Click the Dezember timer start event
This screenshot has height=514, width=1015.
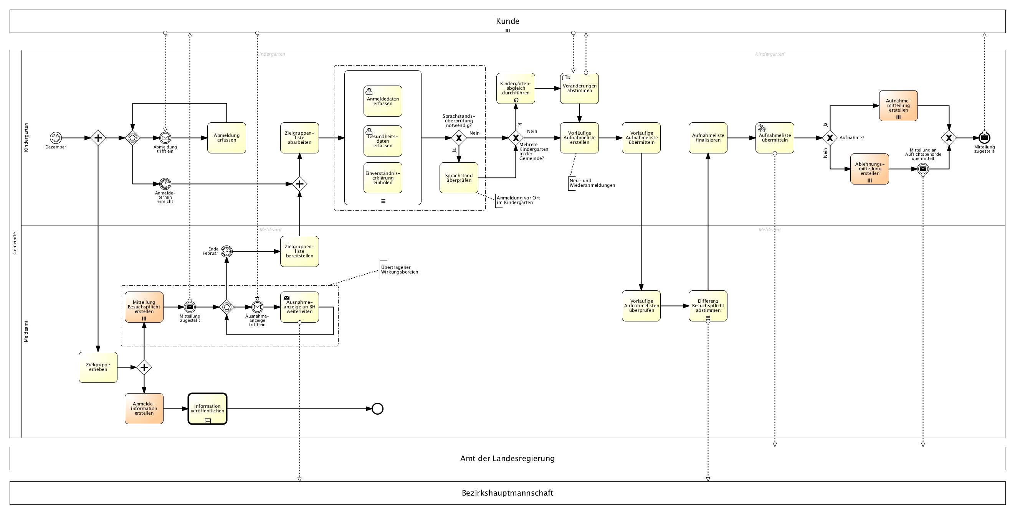tap(56, 138)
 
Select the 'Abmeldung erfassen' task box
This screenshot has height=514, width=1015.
tap(226, 138)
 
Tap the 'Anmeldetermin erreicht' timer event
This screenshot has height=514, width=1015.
tap(165, 184)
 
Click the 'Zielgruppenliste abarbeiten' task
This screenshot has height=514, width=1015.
tap(299, 138)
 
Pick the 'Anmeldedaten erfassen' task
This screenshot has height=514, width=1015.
tap(383, 101)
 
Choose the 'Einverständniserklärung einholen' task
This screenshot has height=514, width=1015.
tap(383, 178)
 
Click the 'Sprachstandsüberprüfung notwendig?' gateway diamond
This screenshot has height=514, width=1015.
tap(459, 138)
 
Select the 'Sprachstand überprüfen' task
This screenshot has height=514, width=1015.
tap(459, 178)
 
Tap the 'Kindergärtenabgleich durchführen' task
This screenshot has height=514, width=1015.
tap(516, 88)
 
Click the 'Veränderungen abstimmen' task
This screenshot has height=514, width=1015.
tap(579, 88)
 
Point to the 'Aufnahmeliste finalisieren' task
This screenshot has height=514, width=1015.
tap(708, 138)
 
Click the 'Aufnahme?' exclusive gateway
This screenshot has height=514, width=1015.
tap(830, 138)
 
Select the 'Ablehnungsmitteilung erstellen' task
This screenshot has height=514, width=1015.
tap(870, 169)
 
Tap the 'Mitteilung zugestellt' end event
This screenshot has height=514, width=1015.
tap(984, 138)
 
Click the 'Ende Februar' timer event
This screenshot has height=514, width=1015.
tap(226, 251)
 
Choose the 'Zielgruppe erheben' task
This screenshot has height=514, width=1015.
tap(98, 367)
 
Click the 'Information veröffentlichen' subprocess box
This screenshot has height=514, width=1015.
tap(207, 409)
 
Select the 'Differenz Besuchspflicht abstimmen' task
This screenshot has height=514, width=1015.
tap(708, 306)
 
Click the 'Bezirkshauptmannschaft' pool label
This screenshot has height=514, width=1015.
tap(507, 493)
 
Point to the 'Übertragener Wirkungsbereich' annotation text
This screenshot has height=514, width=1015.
tap(399, 270)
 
